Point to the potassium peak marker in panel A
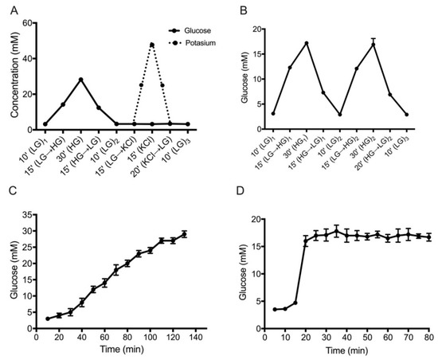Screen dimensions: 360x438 point(151,45)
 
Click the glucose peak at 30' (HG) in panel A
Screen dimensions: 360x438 point(80,80)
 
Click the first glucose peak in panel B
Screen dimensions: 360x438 point(306,43)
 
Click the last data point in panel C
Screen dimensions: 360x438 point(184,234)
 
